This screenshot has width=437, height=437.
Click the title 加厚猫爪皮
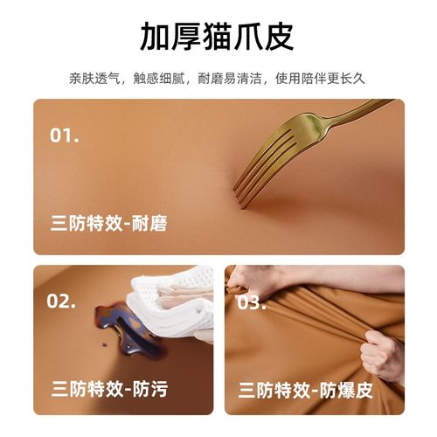pos(218,36)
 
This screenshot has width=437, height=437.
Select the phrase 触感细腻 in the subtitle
pos(165,79)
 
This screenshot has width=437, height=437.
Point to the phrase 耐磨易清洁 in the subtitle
pos(243,79)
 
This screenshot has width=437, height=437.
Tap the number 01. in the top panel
pos(65,135)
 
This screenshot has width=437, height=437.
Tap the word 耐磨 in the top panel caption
pos(148,225)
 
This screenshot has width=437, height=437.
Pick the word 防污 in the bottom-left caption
pos(148,388)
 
